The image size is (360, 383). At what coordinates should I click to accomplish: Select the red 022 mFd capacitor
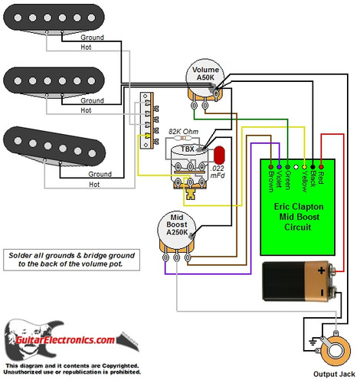pos(221,156)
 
